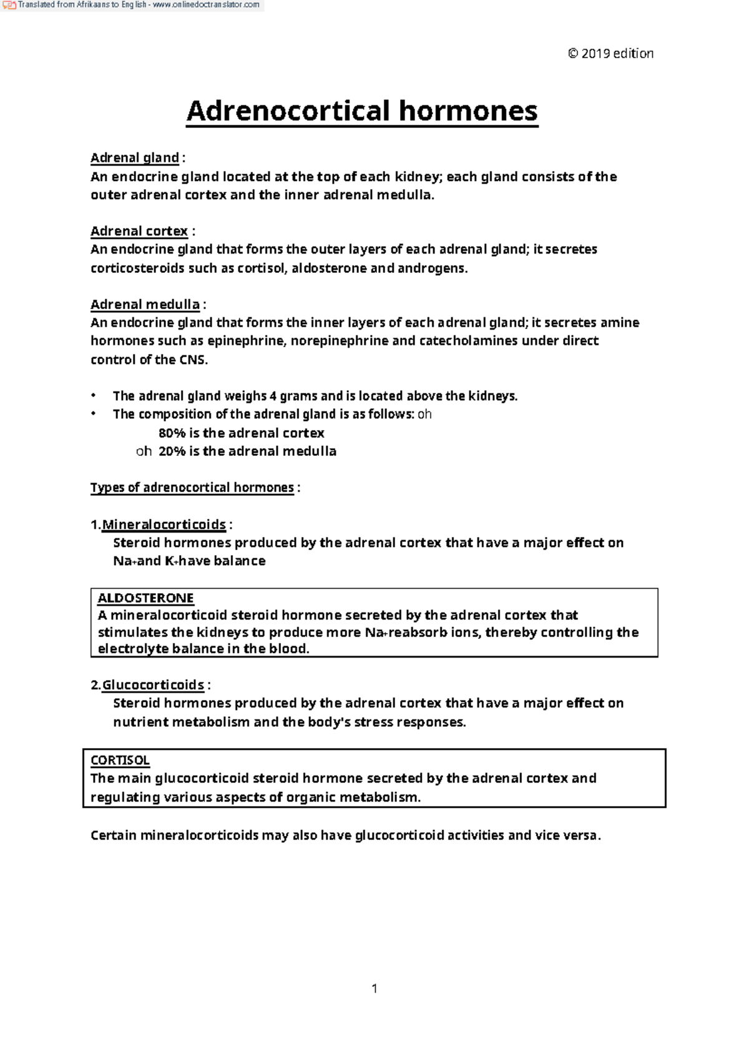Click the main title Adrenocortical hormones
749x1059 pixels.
tap(361, 111)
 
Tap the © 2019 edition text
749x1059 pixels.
tap(610, 54)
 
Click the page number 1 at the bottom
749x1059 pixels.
tap(374, 988)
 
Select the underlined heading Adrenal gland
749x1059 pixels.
tap(135, 158)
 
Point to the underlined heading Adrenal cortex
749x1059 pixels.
tap(139, 231)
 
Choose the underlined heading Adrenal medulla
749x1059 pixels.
tap(145, 305)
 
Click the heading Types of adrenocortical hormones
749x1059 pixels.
tap(192, 488)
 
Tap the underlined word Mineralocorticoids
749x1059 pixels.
tap(164, 525)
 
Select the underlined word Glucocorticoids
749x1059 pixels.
tap(153, 685)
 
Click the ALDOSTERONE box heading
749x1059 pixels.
tap(145, 598)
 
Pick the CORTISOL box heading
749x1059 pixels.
tap(120, 761)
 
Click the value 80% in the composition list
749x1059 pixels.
tap(172, 433)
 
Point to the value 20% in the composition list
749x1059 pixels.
tap(172, 451)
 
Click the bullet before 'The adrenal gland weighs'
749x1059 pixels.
tap(94, 396)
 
